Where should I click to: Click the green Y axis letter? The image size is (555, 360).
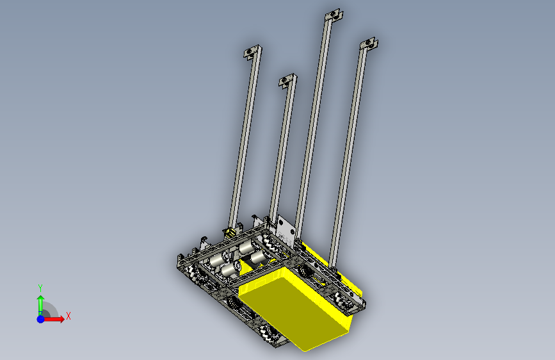pyautogui.click(x=40, y=288)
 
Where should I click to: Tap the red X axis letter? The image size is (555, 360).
pyautogui.click(x=68, y=316)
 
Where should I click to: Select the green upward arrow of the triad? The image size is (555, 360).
pyautogui.click(x=41, y=305)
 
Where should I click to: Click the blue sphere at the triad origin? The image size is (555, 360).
pyautogui.click(x=41, y=319)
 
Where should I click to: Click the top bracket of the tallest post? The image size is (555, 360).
pyautogui.click(x=334, y=15)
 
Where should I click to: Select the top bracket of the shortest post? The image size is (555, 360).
pyautogui.click(x=287, y=81)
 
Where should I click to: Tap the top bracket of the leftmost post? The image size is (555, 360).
pyautogui.click(x=253, y=52)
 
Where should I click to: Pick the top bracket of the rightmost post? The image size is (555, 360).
pyautogui.click(x=369, y=44)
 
